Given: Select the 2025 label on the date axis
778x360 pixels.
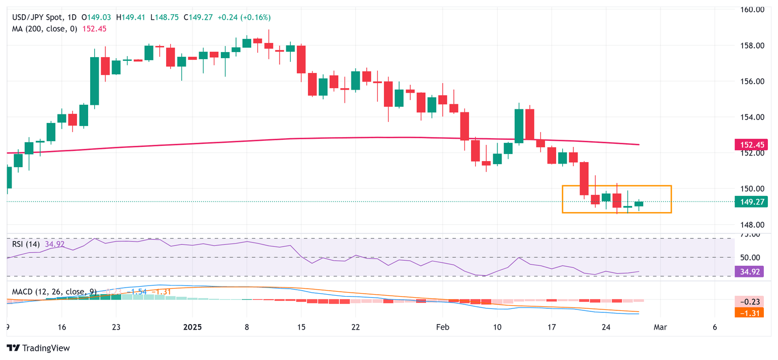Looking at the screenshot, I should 192,327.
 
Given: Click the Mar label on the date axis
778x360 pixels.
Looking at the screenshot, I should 659,327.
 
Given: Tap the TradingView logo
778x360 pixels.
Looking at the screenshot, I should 38,348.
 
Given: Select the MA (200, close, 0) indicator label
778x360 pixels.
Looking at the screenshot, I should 45,29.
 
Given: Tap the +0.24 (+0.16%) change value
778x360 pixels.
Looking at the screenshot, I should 244,17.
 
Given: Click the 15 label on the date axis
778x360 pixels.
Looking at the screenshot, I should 301,327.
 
